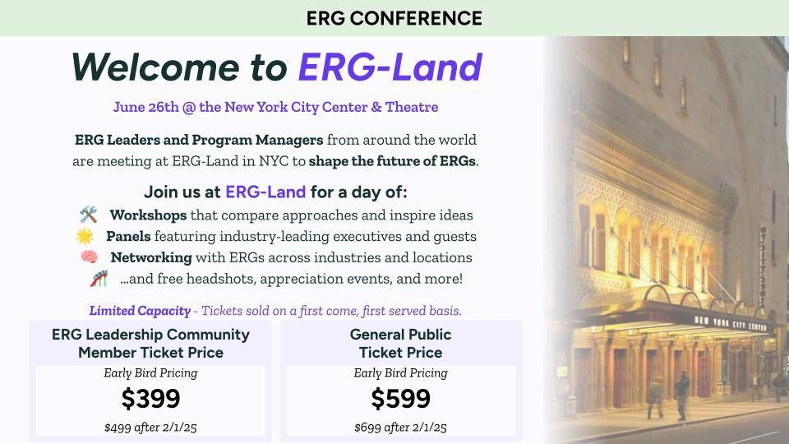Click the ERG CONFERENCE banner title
394,19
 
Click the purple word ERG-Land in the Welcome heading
390,67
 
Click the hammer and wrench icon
89,215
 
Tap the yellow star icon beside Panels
85,236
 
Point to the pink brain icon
90,257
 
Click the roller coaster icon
99,279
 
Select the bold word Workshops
148,215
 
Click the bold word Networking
151,257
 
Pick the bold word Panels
128,236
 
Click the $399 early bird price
150,399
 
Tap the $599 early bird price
400,399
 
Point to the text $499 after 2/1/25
150,428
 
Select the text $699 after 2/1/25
400,428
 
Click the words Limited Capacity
140,311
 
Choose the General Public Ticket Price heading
400,344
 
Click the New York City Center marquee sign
730,324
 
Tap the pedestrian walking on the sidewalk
681,395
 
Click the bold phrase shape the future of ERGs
392,161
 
